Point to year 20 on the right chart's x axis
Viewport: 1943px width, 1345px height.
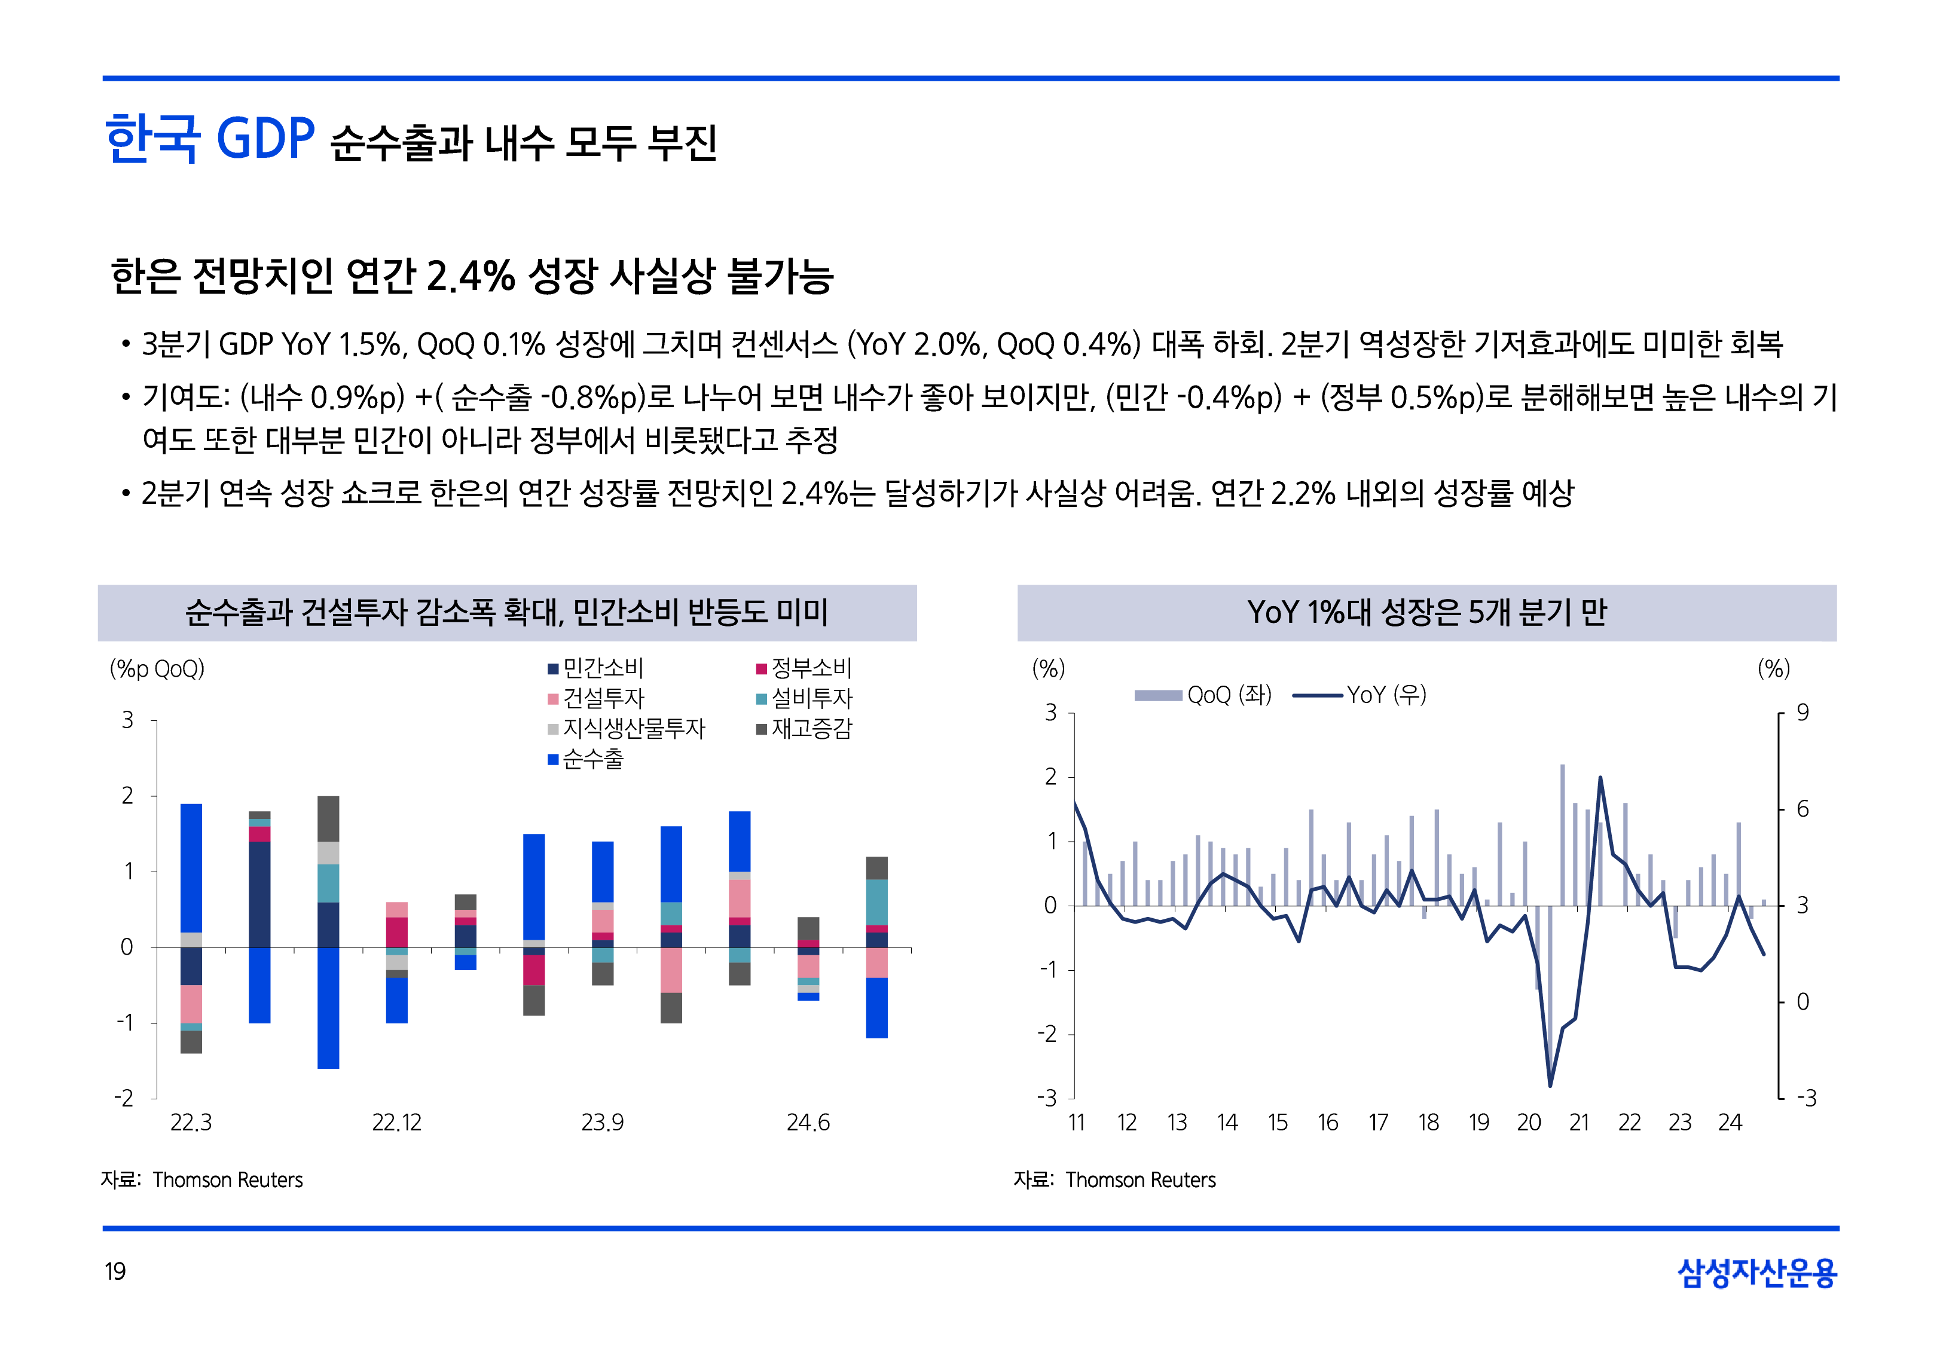coord(1529,1123)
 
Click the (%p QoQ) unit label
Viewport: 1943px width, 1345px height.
coord(157,669)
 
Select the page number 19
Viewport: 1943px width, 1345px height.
coord(115,1271)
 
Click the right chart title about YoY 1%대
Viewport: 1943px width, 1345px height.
coord(1426,613)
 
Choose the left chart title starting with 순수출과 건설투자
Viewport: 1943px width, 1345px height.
coord(506,613)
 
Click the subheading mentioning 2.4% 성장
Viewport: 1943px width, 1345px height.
coord(472,276)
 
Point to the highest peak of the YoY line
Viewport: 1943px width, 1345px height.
coord(1600,777)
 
